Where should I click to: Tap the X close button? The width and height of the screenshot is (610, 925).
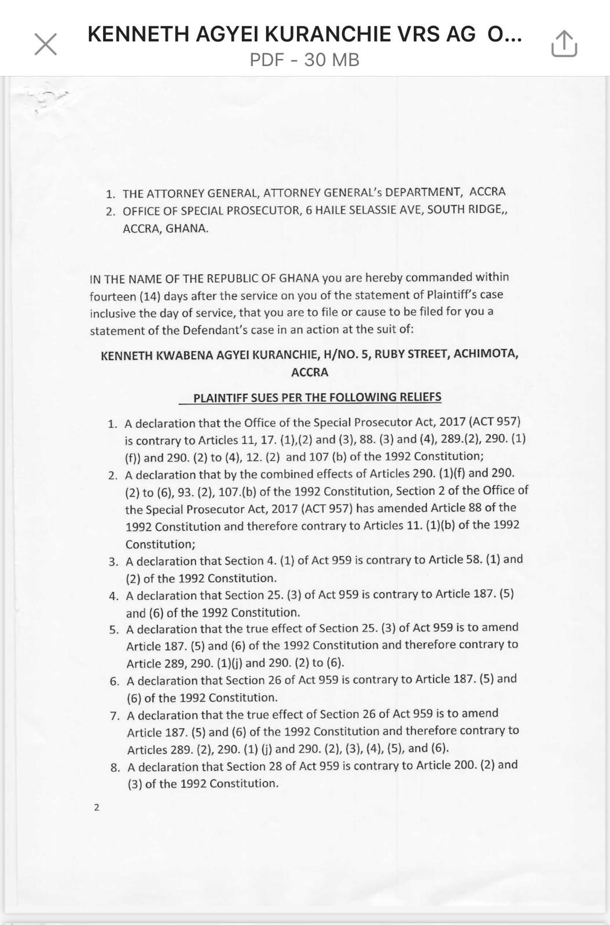point(46,44)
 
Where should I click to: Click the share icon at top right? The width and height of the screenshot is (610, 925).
point(564,44)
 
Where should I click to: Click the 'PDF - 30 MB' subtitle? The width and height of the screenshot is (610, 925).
point(304,60)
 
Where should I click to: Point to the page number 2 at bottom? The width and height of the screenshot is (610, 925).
point(97,807)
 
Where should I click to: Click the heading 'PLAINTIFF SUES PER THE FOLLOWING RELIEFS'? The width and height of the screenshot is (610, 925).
point(317,397)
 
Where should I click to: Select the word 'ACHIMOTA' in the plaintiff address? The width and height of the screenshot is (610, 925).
point(486,353)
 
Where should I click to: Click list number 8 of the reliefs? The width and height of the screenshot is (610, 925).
point(115,768)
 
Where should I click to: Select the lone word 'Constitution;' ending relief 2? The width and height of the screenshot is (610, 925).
point(160,544)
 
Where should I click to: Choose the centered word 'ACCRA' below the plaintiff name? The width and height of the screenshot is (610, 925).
point(310,372)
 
